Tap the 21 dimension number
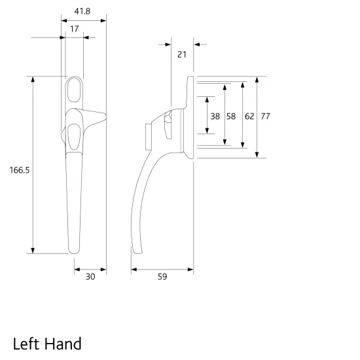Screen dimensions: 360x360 [182, 54]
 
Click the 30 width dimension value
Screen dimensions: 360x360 [90, 277]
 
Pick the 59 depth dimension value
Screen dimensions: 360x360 [162, 277]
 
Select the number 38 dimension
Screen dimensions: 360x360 [215, 116]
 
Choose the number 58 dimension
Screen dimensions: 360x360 [231, 116]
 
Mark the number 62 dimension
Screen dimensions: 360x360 [249, 116]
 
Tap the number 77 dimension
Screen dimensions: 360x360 [266, 116]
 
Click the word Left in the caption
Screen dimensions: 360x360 [27, 343]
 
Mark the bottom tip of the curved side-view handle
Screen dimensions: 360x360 [135, 253]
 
